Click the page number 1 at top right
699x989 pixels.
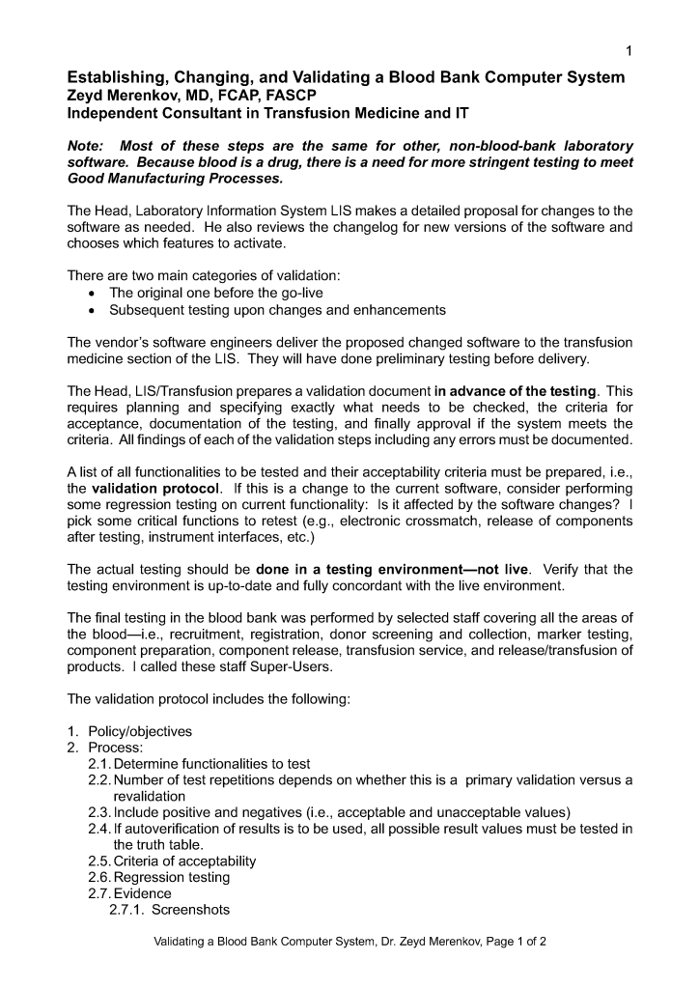[629, 50]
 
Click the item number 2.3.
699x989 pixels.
[99, 811]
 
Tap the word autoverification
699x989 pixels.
[174, 828]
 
